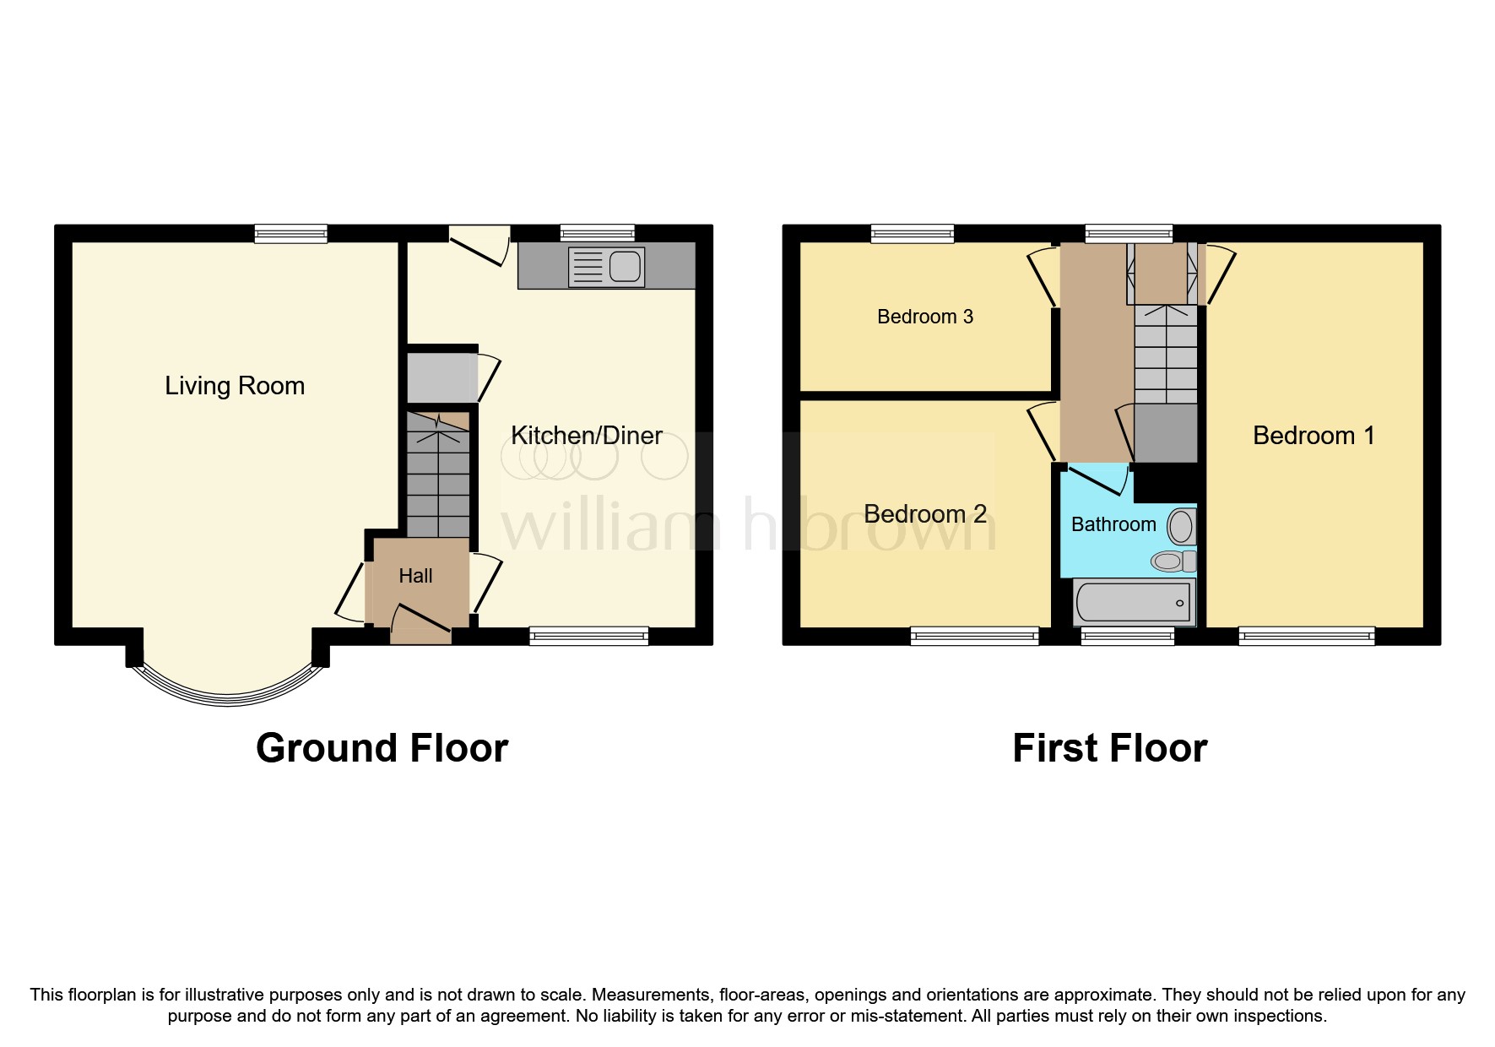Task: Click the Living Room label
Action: click(x=235, y=386)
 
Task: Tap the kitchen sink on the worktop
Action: click(x=607, y=266)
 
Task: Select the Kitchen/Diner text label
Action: click(x=587, y=436)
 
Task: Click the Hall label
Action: click(x=415, y=576)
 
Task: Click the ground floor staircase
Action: click(x=438, y=481)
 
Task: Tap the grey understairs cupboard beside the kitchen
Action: click(x=441, y=377)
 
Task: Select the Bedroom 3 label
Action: click(x=925, y=317)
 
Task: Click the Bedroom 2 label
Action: click(x=925, y=514)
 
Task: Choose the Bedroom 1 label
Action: click(x=1314, y=436)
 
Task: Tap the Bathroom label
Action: click(x=1113, y=524)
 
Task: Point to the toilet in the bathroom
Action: click(x=1173, y=561)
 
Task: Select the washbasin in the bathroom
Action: click(x=1181, y=527)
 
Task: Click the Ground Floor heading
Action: click(x=382, y=748)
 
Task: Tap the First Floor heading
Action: click(x=1109, y=748)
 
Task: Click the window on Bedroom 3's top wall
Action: click(x=913, y=233)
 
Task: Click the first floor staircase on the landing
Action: click(x=1166, y=355)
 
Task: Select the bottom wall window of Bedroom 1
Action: click(x=1306, y=637)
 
